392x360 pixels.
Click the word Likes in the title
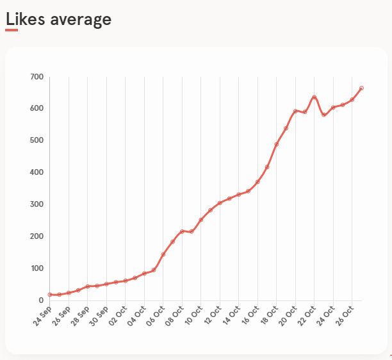[25, 19]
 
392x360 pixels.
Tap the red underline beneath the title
[12, 30]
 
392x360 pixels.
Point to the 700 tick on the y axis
[37, 77]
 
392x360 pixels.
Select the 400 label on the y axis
[37, 172]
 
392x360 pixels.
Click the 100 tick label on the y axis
[37, 268]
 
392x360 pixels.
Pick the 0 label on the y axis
[41, 300]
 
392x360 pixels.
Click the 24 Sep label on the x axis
[42, 316]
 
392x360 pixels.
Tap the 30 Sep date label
[99, 316]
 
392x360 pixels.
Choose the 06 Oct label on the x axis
[155, 316]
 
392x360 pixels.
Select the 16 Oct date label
[250, 315]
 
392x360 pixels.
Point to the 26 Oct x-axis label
[345, 316]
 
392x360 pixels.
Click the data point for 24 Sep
[50, 295]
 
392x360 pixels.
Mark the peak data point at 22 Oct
[314, 97]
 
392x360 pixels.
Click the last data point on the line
[361, 88]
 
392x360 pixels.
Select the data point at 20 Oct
[295, 111]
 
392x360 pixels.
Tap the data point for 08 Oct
[182, 231]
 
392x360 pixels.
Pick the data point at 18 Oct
[277, 144]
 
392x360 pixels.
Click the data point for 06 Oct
[163, 254]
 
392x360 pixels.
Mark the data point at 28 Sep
[88, 286]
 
